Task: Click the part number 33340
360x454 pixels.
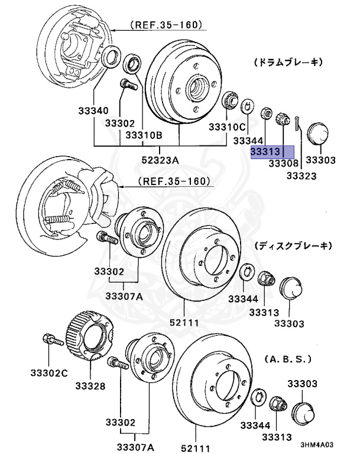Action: tap(93, 111)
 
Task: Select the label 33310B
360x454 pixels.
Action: tap(142, 135)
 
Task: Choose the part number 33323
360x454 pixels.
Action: tap(301, 176)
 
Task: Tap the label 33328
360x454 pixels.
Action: tap(90, 386)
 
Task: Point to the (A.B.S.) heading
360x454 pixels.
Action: tap(287, 359)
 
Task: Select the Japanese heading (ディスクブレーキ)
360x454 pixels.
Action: tap(293, 245)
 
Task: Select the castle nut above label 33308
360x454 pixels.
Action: tap(283, 119)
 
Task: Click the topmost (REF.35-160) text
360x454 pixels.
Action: tap(166, 25)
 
